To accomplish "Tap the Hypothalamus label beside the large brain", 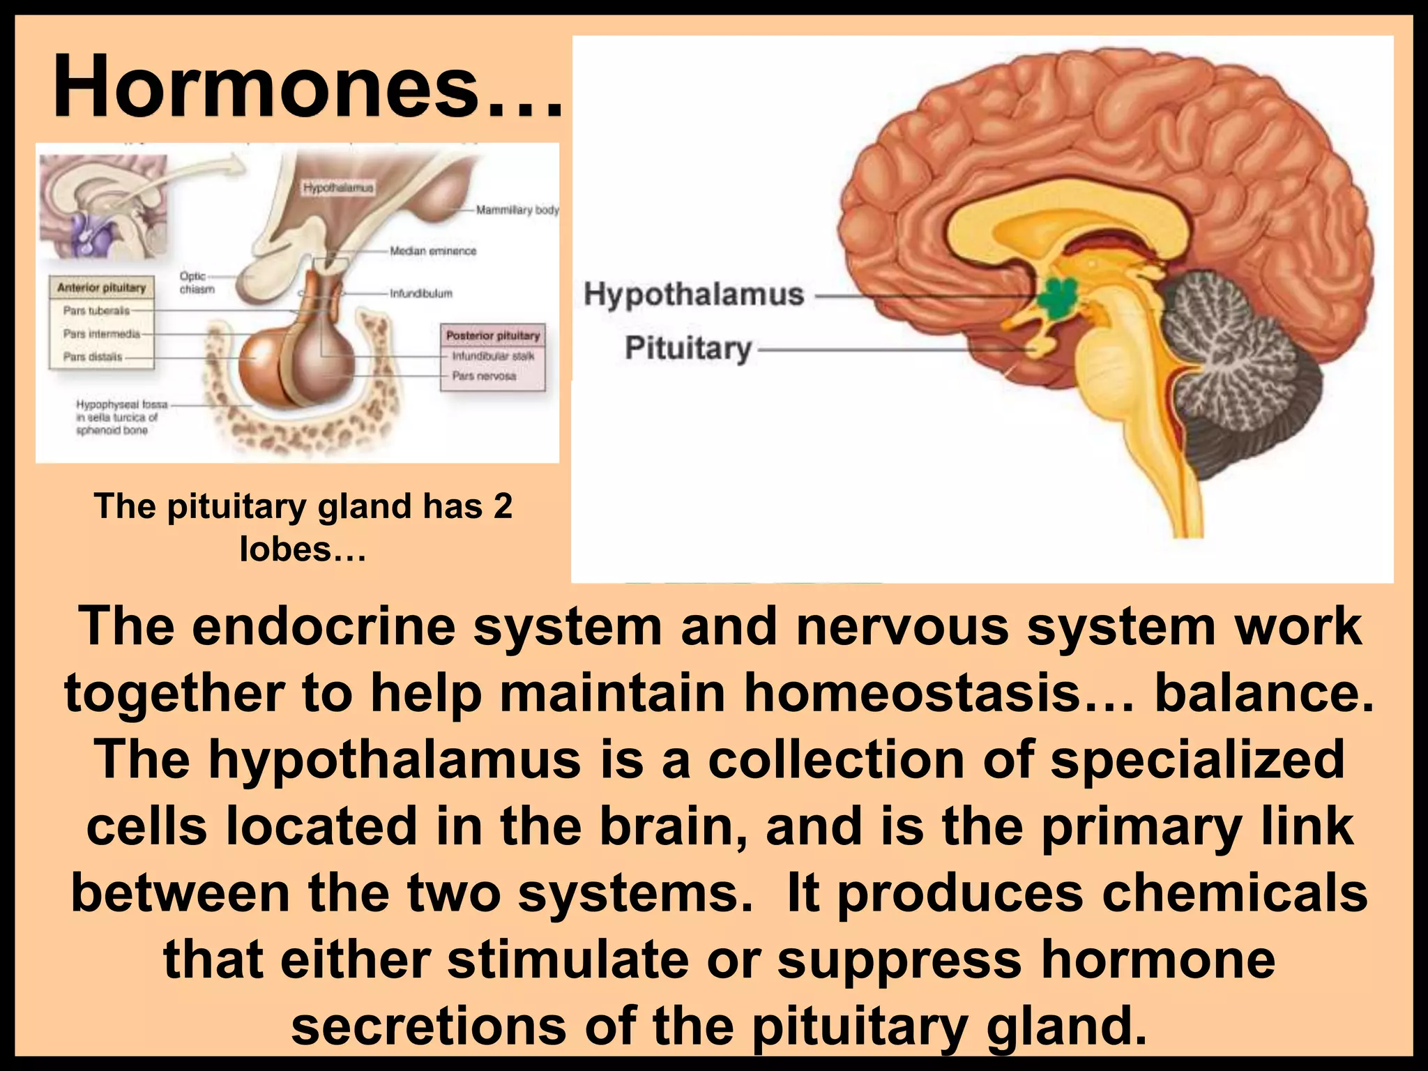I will [694, 294].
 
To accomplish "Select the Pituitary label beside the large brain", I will [688, 347].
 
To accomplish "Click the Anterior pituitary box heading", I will [102, 287].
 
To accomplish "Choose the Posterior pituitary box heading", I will [493, 335].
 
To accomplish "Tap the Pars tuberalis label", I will [96, 310].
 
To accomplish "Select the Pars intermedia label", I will [102, 333].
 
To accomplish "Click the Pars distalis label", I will [93, 356].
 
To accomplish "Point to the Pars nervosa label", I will [484, 376].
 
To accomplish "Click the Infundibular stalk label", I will [493, 356].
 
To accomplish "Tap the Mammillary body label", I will [517, 210].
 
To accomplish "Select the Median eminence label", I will [433, 251].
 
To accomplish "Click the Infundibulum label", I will [421, 294].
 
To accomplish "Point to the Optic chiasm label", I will [196, 282].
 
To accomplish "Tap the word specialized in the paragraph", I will [1197, 759].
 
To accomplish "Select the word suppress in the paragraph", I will [899, 959].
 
